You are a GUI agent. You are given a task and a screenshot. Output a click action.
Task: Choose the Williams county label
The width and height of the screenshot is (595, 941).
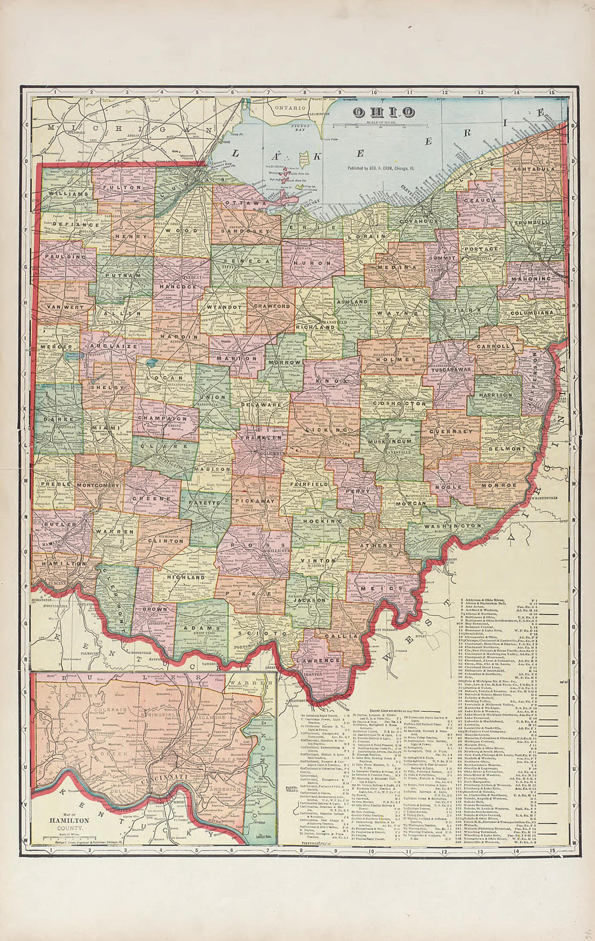point(68,193)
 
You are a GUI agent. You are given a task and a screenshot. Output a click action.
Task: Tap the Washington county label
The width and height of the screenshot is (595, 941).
point(453,526)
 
